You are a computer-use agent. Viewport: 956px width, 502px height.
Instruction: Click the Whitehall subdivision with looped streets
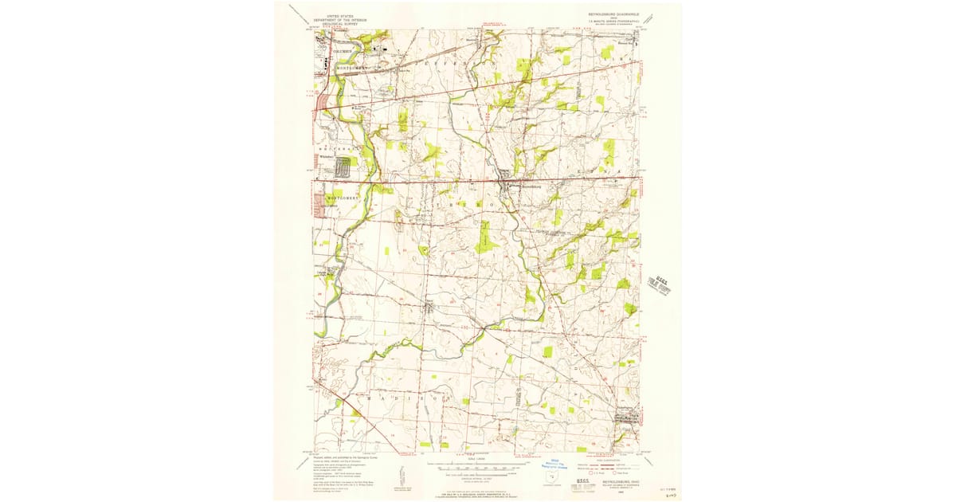(x=343, y=168)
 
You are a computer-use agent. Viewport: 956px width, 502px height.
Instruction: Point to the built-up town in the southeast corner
(x=622, y=418)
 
